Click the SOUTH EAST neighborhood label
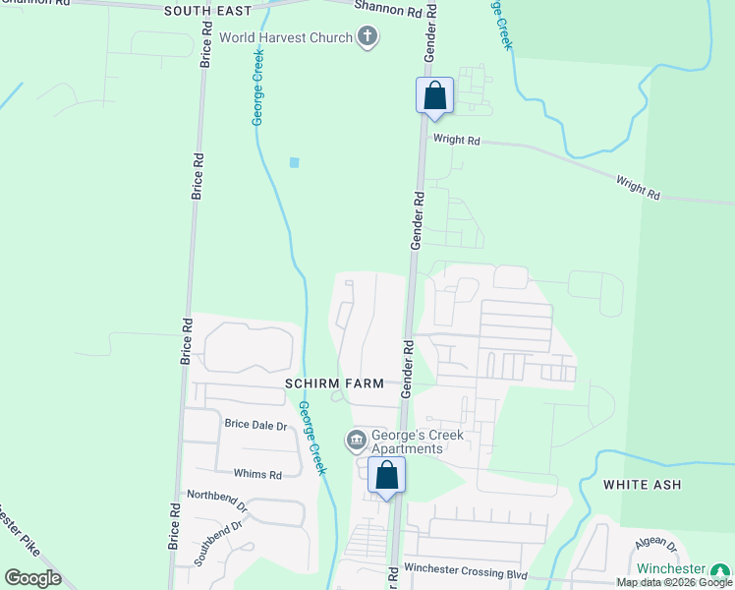pyautogui.click(x=207, y=11)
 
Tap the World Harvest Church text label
pyautogui.click(x=285, y=38)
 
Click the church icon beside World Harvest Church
pyautogui.click(x=367, y=38)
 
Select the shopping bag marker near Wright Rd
pyautogui.click(x=435, y=96)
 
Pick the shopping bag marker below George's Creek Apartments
pyautogui.click(x=387, y=475)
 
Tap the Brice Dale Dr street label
pyautogui.click(x=255, y=425)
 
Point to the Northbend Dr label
pyautogui.click(x=217, y=501)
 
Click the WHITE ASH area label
pyautogui.click(x=642, y=485)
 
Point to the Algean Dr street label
pyautogui.click(x=655, y=544)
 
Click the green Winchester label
pyautogui.click(x=671, y=569)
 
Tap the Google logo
pyautogui.click(x=32, y=577)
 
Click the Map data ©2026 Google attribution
pyautogui.click(x=674, y=583)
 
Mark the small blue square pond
pyautogui.click(x=294, y=162)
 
